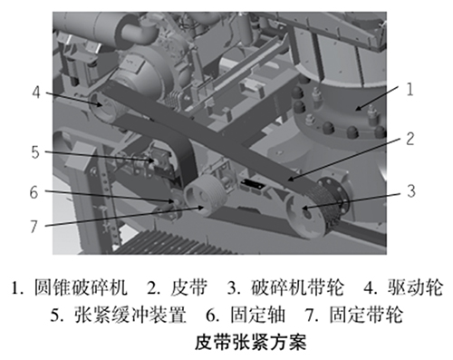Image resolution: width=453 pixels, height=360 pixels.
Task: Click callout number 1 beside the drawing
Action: pyautogui.click(x=410, y=90)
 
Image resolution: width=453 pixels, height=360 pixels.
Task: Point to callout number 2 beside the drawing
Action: pyautogui.click(x=410, y=139)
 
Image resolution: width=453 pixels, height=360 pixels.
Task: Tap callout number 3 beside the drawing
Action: pyautogui.click(x=411, y=191)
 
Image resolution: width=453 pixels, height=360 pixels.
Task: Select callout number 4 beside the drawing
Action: pyautogui.click(x=36, y=92)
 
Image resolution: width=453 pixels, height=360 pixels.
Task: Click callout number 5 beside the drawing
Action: pyautogui.click(x=35, y=152)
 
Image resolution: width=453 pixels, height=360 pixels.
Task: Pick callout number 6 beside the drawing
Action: pyautogui.click(x=34, y=192)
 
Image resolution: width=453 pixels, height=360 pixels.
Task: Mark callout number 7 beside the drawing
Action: pyautogui.click(x=34, y=227)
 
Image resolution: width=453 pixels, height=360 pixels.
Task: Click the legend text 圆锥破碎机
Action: pyautogui.click(x=81, y=287)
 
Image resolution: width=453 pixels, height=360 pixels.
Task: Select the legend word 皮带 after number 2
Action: pyautogui.click(x=189, y=287)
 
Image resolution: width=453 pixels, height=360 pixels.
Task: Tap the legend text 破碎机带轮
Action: pyautogui.click(x=297, y=287)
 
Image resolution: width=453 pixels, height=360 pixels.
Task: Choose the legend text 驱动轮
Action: pyautogui.click(x=416, y=287)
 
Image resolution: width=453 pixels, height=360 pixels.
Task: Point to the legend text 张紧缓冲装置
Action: pyautogui.click(x=130, y=315)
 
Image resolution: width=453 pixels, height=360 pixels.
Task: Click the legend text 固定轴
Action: pyautogui.click(x=257, y=315)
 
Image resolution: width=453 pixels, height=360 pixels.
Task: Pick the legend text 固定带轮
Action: pyautogui.click(x=366, y=315)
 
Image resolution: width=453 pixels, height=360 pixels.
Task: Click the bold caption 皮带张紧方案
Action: pyautogui.click(x=251, y=342)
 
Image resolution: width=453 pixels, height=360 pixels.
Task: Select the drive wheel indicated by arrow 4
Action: pyautogui.click(x=102, y=106)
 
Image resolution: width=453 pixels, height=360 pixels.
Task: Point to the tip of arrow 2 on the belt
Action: pyautogui.click(x=288, y=180)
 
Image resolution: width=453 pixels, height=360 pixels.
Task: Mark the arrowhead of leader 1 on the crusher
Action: pyautogui.click(x=355, y=109)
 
